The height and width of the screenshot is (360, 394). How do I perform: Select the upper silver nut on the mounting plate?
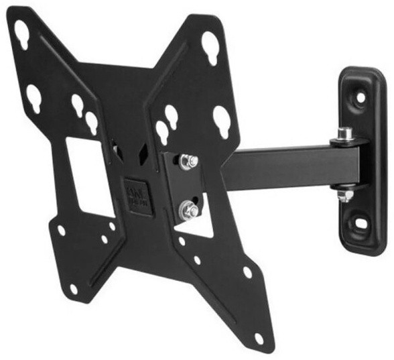pyautogui.click(x=188, y=162)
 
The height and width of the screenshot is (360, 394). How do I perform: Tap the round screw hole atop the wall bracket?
pyautogui.click(x=360, y=97)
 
